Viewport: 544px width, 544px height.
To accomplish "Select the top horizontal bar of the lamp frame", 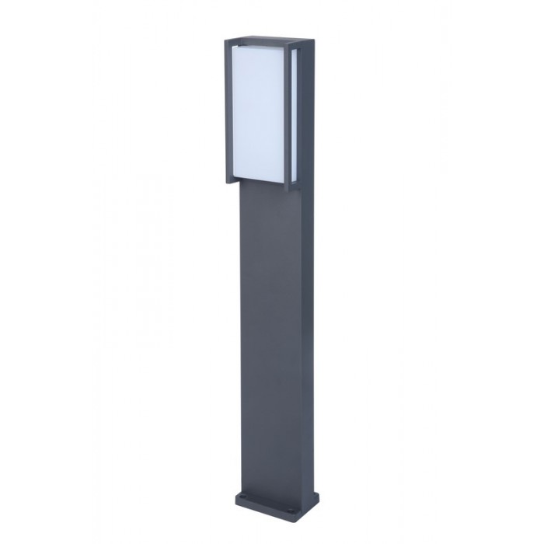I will coord(256,38).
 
